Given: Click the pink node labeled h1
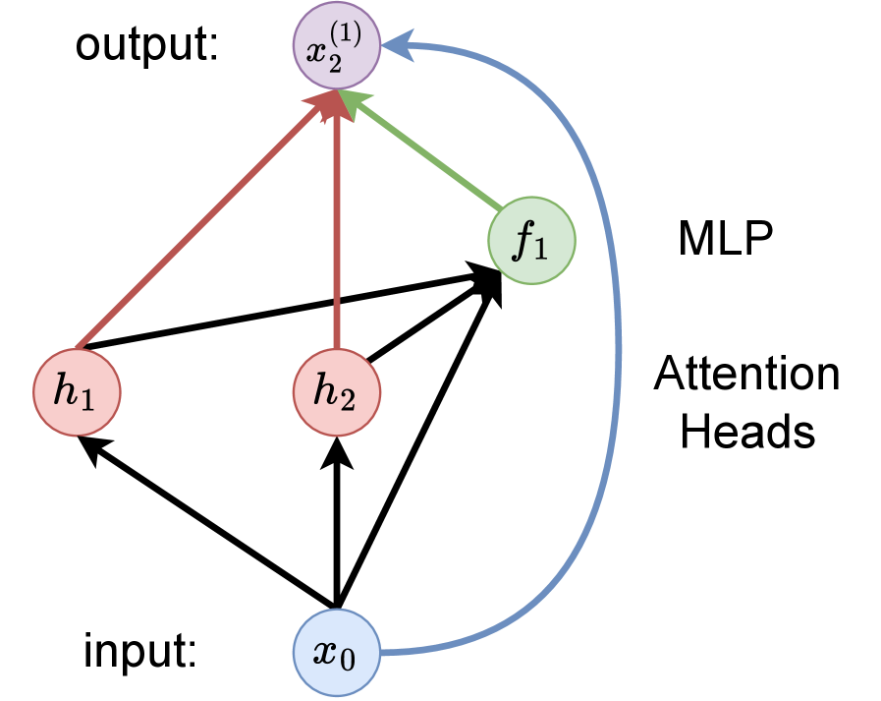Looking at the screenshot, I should [77, 392].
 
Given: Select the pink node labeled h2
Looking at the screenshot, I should [337, 392].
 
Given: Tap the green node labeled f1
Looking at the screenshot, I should [531, 241].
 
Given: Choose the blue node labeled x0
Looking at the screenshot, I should [337, 653].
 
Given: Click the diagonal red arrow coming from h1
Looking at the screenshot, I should [196, 226].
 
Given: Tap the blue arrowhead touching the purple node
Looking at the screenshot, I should [395, 45].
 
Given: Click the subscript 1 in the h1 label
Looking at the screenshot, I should [88, 400].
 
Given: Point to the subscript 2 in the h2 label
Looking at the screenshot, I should [349, 400].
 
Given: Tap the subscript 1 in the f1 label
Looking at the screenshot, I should [543, 248].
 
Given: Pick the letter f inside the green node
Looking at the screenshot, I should [523, 241].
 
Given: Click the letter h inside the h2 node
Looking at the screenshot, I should [324, 391].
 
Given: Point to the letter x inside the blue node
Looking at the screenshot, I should [324, 653].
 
